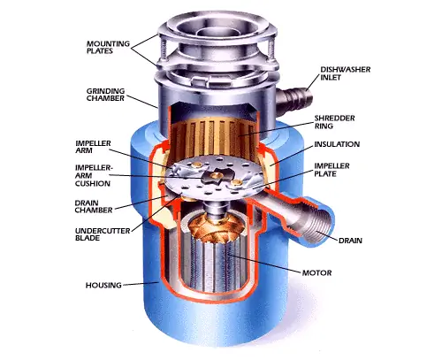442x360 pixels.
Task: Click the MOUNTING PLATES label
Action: [108, 47]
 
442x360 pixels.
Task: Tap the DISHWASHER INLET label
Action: [346, 73]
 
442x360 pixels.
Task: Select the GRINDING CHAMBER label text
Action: [105, 95]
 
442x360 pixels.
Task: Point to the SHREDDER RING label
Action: [334, 122]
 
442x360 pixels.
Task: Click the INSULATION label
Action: [337, 144]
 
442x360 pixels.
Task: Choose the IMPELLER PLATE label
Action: [331, 170]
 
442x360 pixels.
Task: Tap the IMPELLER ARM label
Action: [93, 147]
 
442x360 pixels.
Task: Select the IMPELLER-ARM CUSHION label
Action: [94, 175]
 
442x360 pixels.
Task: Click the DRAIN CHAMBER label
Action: [94, 206]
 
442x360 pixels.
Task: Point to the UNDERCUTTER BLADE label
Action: [103, 234]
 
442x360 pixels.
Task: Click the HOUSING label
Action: [103, 285]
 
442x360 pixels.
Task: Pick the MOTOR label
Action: [317, 272]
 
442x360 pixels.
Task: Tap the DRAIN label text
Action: [350, 241]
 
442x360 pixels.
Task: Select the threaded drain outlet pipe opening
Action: [321, 225]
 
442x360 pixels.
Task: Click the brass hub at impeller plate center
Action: [217, 176]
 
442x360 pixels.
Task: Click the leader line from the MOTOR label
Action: [264, 263]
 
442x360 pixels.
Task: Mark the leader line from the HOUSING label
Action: [141, 284]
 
